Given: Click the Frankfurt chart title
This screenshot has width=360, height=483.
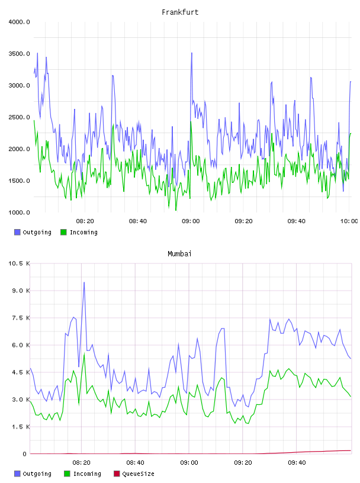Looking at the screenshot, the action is (x=180, y=12).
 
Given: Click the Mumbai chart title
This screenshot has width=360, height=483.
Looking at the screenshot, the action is (x=179, y=253).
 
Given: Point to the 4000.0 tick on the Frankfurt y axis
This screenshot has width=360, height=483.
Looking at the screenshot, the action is (x=19, y=22).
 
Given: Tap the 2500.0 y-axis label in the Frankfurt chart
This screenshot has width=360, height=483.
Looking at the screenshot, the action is (x=19, y=117).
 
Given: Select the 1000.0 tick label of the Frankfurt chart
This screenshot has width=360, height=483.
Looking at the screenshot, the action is (x=19, y=212).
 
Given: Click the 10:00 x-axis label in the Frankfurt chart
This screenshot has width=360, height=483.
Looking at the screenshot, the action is (x=349, y=221).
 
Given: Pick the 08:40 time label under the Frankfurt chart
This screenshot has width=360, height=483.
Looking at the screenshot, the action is (x=138, y=221).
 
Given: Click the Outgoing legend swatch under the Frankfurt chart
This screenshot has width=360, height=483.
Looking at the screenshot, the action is (x=17, y=232).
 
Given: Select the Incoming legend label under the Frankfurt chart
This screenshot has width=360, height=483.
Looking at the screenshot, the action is (x=83, y=232).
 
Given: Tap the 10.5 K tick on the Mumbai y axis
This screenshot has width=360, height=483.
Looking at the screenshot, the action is (x=19, y=263).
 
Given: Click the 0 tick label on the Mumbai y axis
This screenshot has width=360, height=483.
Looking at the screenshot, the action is (x=24, y=454).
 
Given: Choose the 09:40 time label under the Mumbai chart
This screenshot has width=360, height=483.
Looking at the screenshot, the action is (x=297, y=462).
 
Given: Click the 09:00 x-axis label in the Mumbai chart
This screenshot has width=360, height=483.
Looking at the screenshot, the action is (x=189, y=462).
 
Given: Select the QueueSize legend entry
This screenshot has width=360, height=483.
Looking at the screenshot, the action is (x=134, y=474).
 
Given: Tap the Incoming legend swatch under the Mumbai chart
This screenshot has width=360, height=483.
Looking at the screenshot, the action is (x=67, y=474).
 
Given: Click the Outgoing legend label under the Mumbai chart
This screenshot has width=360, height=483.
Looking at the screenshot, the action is (x=37, y=474).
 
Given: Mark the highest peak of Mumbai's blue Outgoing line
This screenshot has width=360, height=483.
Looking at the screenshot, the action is (x=84, y=282).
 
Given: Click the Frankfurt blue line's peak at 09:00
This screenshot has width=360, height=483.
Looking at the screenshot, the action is (x=191, y=53).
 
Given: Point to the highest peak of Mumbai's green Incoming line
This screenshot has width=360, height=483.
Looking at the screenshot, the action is (x=84, y=353).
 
